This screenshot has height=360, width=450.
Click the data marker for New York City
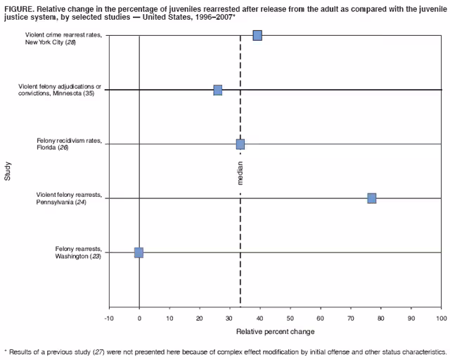click(x=257, y=35)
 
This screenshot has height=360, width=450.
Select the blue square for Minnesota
click(x=218, y=90)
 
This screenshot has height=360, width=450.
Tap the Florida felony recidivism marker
click(x=240, y=144)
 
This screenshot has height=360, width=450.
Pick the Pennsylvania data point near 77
click(x=371, y=198)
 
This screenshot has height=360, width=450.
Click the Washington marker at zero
click(x=139, y=252)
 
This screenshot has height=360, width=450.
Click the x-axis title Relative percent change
click(x=275, y=331)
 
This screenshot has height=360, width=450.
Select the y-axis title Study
click(x=8, y=172)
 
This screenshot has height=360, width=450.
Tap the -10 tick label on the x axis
click(x=109, y=319)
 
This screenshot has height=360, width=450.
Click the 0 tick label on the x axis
click(x=139, y=319)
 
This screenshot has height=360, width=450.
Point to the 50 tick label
click(x=290, y=319)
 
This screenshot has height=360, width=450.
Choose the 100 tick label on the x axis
click(x=441, y=319)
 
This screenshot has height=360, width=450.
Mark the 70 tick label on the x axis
click(x=351, y=319)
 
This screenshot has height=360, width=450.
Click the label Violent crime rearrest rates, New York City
click(x=63, y=39)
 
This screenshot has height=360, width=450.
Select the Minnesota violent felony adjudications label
click(x=60, y=90)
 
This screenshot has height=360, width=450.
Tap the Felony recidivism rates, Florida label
click(x=69, y=144)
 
